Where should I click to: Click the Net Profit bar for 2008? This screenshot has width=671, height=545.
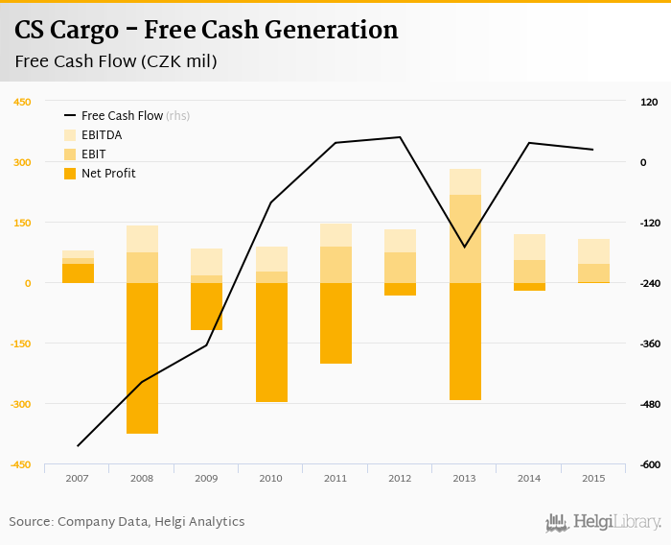point(142,358)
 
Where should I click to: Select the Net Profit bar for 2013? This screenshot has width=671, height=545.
point(465,341)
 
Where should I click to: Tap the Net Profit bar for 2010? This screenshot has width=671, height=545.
point(271,342)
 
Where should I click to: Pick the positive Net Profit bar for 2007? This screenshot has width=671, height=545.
point(78,273)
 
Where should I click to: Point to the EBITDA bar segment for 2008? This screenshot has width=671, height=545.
point(142,239)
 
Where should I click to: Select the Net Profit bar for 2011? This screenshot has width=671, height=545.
point(335,323)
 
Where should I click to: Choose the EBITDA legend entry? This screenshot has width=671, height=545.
point(101,135)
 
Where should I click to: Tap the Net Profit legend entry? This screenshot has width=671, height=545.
point(107,174)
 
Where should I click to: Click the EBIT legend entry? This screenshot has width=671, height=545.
point(93,154)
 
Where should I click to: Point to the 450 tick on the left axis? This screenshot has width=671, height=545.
point(21,102)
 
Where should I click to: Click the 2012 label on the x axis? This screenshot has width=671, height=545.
point(400,478)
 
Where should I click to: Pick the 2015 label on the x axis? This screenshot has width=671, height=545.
point(593,478)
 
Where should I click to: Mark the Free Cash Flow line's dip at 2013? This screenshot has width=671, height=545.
point(465,247)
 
